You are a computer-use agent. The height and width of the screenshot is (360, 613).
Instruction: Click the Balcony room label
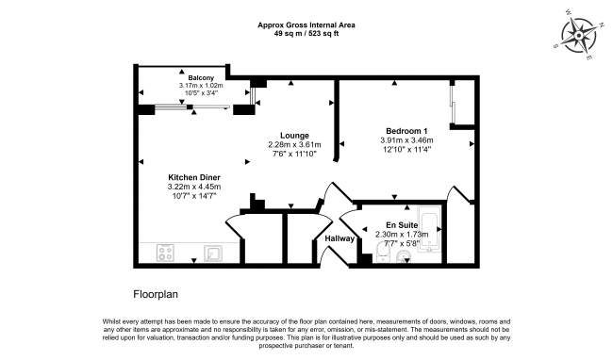(200, 77)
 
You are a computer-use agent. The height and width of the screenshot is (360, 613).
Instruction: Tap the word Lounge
(294, 136)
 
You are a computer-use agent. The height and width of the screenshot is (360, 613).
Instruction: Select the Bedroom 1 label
(406, 130)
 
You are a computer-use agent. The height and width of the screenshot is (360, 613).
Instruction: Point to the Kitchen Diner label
(193, 177)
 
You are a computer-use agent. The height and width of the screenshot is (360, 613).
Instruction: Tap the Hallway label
(340, 238)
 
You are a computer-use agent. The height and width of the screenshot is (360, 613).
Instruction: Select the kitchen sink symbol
(212, 253)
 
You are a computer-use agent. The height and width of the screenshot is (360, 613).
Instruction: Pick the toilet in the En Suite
(382, 250)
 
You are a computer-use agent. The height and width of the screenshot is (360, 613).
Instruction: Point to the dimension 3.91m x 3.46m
(406, 140)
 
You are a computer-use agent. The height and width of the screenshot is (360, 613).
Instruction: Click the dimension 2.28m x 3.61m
(294, 145)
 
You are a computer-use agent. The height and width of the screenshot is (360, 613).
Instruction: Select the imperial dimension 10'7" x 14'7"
(193, 195)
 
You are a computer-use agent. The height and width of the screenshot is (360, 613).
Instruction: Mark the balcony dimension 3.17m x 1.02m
(200, 86)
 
